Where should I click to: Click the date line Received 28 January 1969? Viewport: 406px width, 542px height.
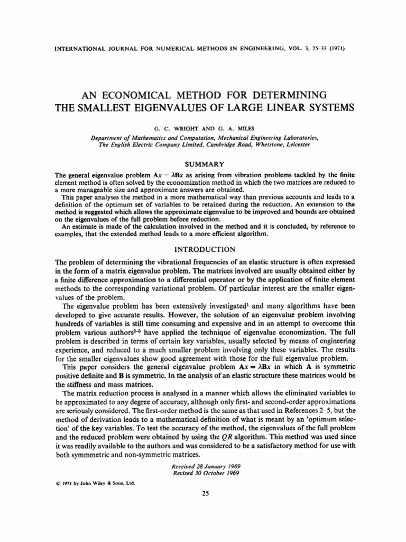pos(206,466)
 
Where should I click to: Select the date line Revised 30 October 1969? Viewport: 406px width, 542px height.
pos(206,473)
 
